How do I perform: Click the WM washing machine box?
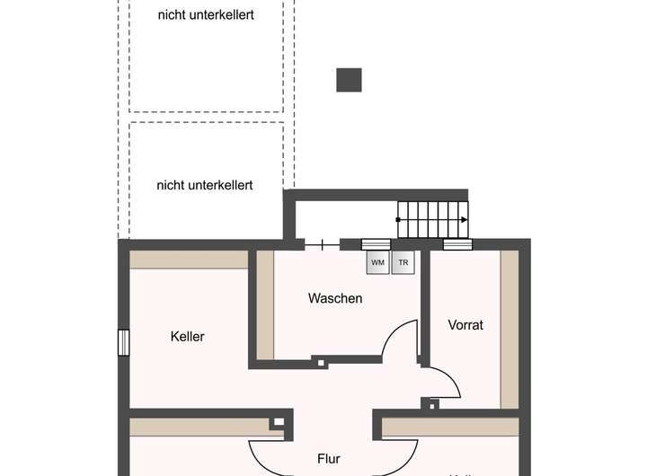coord(377,262)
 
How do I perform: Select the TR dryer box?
coord(403,262)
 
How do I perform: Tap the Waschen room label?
coord(334,298)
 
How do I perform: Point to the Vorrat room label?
coord(465,325)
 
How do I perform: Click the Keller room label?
coord(188,337)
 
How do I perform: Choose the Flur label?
coord(329,459)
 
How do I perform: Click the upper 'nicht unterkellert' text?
coord(205,14)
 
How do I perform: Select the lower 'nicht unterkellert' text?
coord(205,185)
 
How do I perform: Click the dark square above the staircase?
coord(349,80)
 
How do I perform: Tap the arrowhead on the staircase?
coord(464,219)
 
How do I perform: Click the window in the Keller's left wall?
coord(124,343)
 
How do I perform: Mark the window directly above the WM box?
coord(376,243)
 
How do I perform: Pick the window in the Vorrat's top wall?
coord(457,243)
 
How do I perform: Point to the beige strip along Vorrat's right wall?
coord(510,328)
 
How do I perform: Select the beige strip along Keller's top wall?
coord(189,260)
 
